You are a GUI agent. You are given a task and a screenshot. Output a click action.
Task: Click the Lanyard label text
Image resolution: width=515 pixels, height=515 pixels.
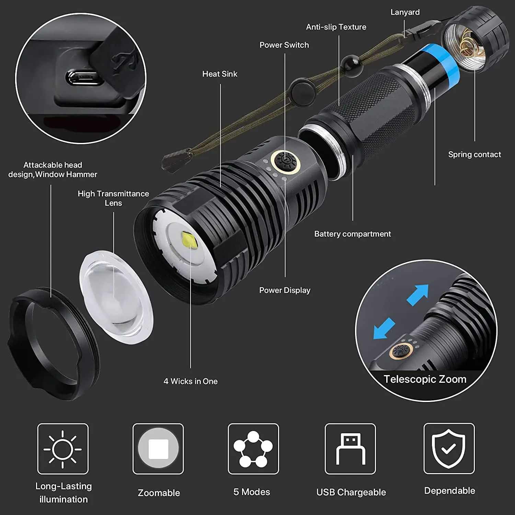405,12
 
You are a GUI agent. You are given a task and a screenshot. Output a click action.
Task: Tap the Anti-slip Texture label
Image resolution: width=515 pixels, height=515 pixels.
336,27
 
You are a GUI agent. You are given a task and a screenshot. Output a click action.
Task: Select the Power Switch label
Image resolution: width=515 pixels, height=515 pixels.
284,45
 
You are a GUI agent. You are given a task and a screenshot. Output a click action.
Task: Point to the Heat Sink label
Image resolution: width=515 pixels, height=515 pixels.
220,74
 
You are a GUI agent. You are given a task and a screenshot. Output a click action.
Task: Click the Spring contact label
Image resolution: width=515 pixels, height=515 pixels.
474,154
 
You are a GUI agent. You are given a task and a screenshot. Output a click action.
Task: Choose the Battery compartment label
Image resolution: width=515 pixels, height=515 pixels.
353,234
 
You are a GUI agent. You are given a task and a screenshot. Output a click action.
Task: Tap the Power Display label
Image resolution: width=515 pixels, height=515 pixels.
285,290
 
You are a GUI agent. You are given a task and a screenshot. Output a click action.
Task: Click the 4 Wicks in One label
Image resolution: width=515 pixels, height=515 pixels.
191,381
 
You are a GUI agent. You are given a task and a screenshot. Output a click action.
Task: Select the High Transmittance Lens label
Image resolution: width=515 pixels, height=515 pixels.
113,198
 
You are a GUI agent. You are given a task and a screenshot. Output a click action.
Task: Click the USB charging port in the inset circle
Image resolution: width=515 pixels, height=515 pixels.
81,77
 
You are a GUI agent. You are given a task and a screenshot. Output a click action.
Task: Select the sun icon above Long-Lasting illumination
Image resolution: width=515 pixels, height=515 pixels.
63,449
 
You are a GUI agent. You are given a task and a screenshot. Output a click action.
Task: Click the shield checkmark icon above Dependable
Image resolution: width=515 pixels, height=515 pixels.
449,449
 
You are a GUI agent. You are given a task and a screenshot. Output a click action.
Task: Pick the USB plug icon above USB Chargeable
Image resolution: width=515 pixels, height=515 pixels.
350,449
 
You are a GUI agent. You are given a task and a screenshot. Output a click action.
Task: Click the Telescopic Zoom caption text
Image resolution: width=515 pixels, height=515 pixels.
425,379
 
